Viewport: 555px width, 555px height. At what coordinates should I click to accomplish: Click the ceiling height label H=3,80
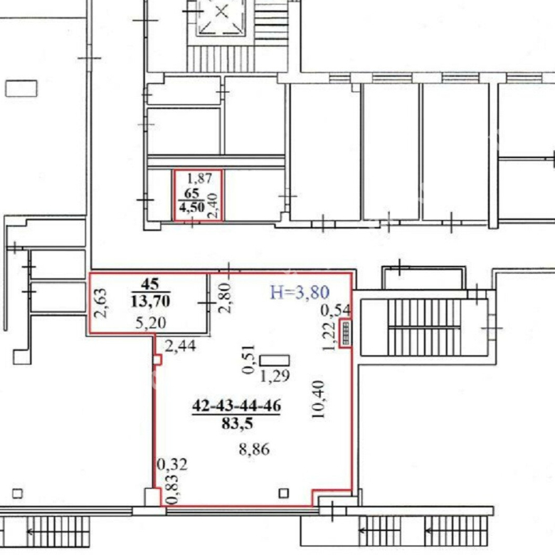tap(300, 292)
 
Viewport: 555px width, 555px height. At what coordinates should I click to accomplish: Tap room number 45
tap(150, 284)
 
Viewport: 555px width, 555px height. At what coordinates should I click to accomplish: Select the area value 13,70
tap(150, 301)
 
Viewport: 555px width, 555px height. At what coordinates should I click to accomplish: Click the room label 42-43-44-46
tap(236, 406)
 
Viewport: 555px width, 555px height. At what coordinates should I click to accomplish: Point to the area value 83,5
tap(237, 423)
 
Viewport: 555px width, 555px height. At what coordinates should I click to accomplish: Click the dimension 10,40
tap(318, 399)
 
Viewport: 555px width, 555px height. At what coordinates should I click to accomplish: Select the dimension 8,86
tap(254, 450)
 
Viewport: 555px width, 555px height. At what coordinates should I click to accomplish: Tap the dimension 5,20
tap(151, 323)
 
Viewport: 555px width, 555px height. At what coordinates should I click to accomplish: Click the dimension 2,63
tap(100, 303)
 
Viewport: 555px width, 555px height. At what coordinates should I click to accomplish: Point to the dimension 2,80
tap(225, 297)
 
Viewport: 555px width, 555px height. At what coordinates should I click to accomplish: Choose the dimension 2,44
tap(180, 346)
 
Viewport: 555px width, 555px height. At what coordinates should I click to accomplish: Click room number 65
tap(191, 194)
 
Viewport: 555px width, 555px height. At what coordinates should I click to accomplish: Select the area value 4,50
tap(192, 207)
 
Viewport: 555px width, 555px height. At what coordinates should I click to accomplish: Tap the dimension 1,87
tap(199, 178)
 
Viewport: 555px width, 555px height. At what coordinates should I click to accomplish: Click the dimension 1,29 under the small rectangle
tap(275, 376)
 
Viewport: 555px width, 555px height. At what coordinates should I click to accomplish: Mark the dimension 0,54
tap(336, 310)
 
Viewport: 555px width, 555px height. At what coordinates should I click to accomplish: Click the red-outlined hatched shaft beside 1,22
tap(345, 333)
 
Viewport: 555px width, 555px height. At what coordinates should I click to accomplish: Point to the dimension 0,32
tap(171, 465)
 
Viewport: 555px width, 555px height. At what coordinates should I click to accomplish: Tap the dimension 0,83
tap(172, 489)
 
